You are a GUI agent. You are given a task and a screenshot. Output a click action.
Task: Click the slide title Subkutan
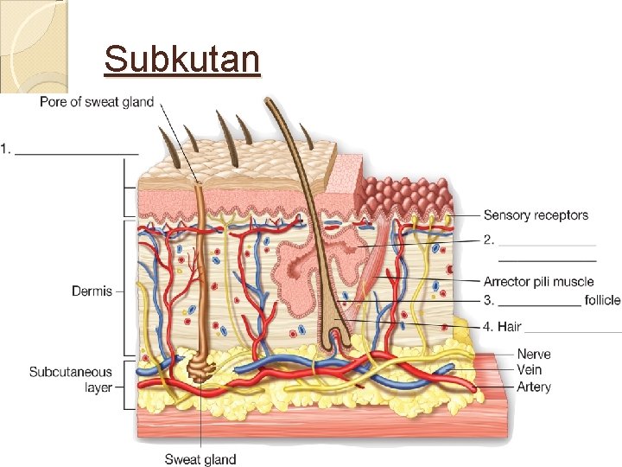181,60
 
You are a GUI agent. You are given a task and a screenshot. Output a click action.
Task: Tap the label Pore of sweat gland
97,102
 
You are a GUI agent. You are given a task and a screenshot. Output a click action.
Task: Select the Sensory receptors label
536,215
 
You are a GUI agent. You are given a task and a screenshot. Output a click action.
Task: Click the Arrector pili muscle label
538,282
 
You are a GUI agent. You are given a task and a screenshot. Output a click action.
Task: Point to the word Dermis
92,291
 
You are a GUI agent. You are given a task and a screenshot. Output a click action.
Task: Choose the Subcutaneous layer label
71,380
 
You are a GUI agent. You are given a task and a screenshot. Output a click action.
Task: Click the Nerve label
534,355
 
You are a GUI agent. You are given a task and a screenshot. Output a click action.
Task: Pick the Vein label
530,370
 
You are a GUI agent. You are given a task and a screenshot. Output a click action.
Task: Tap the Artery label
533,387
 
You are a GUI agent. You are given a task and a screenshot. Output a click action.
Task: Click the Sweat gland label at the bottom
200,459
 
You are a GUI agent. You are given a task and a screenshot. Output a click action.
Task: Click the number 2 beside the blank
488,240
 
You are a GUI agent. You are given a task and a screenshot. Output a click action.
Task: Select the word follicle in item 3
602,300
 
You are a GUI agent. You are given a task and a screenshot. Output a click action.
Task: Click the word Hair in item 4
509,327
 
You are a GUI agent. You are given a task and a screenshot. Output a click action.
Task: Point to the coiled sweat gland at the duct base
201,369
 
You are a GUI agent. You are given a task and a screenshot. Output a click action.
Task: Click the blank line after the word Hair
573,331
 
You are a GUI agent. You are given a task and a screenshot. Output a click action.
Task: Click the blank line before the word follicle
539,304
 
